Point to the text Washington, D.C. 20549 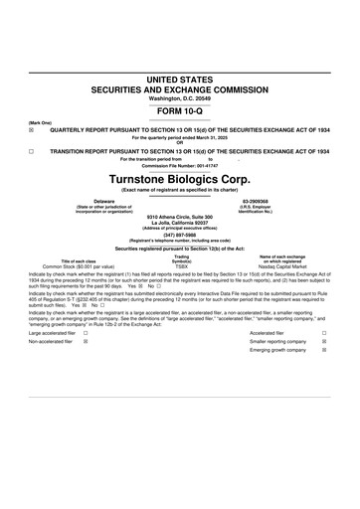coord(179,98)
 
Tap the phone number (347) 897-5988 coord(179,235)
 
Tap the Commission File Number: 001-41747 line coord(179,164)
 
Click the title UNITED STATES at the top coord(179,78)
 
